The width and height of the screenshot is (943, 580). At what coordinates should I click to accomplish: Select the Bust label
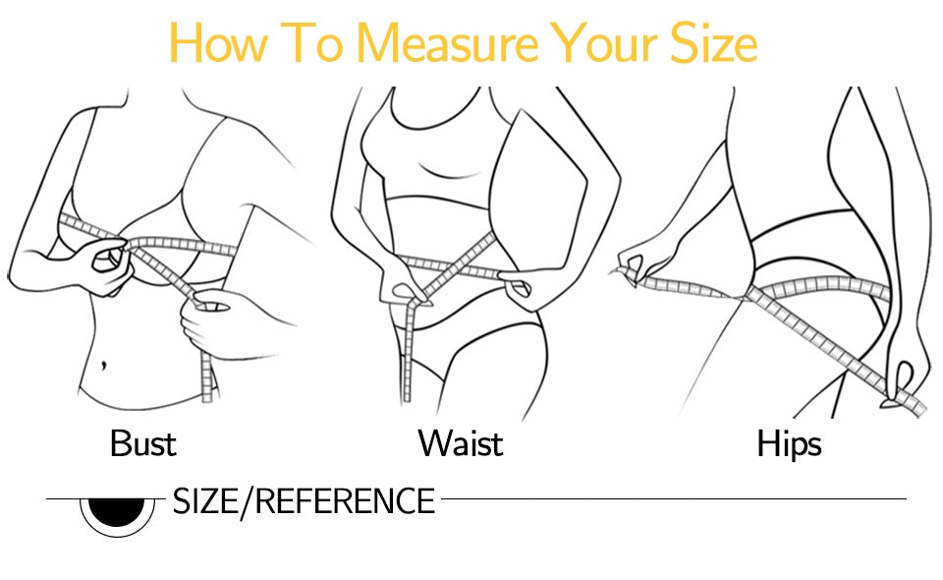pyautogui.click(x=143, y=443)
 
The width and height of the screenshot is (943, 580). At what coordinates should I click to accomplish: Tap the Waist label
pyautogui.click(x=461, y=443)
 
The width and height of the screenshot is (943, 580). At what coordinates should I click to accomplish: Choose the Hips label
pyautogui.click(x=789, y=443)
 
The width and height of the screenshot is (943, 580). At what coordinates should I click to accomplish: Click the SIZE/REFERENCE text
pyautogui.click(x=304, y=501)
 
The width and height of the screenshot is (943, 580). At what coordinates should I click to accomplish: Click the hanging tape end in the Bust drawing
pyautogui.click(x=207, y=378)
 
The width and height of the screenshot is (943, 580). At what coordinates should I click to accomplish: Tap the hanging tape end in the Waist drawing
pyautogui.click(x=411, y=344)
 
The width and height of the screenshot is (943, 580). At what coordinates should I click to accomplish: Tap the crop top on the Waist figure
pyautogui.click(x=432, y=157)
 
